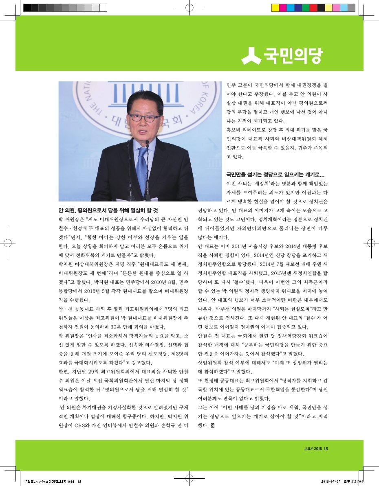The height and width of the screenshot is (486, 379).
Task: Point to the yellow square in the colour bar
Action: pos(275,7)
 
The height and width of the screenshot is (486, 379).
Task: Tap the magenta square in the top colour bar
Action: pos(283,7)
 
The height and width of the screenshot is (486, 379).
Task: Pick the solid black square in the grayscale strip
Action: pos(27,7)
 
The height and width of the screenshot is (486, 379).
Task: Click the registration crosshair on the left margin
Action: pos(8,243)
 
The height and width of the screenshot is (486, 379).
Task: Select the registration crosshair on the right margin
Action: pos(371,243)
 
